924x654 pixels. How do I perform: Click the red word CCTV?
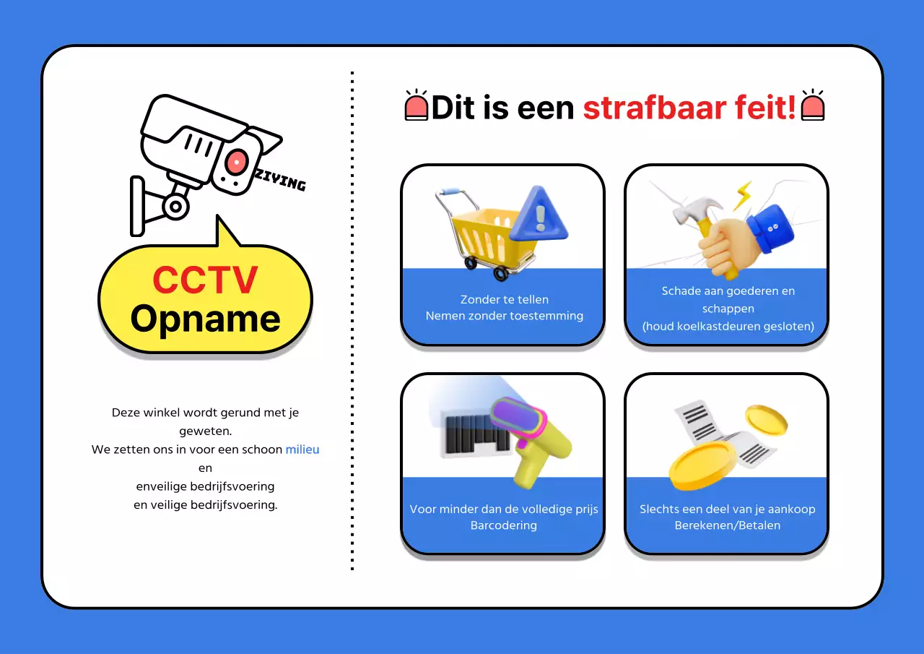(205, 280)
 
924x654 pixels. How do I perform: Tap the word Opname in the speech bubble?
(205, 319)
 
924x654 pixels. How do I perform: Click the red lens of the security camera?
(236, 162)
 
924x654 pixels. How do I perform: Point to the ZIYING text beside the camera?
(280, 180)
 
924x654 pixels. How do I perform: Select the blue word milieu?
(302, 449)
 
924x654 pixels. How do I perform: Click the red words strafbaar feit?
(690, 108)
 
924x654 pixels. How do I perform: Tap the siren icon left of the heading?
(417, 106)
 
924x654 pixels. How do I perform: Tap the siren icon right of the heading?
(813, 106)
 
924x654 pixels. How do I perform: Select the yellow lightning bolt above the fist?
(742, 196)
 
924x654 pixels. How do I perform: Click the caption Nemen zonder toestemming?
(504, 316)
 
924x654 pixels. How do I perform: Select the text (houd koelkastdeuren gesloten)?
(728, 326)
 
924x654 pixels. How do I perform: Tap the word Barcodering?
(503, 525)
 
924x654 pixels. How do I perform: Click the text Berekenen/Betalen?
(727, 525)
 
